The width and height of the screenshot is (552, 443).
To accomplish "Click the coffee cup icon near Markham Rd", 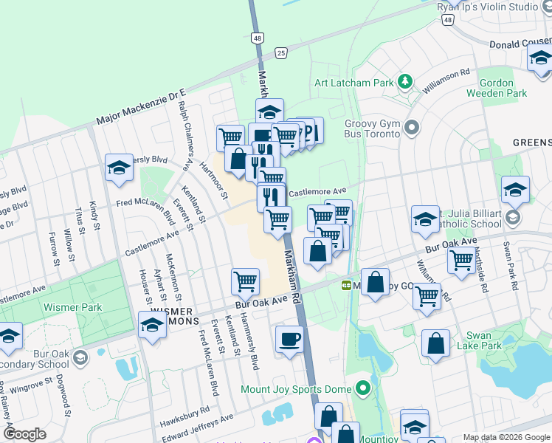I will pyautogui.click(x=289, y=340).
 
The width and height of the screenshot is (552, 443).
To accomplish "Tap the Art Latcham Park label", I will pyautogui.click(x=353, y=83).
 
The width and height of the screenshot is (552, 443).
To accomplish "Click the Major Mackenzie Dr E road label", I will pyautogui.click(x=141, y=108).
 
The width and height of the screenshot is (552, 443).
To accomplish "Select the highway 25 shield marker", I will pyautogui.click(x=280, y=52).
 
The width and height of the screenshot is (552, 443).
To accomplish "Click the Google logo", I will pyautogui.click(x=24, y=433).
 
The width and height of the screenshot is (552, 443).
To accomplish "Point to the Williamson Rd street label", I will pyautogui.click(x=444, y=81).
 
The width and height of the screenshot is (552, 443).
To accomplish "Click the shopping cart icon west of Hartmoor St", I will pyautogui.click(x=230, y=137).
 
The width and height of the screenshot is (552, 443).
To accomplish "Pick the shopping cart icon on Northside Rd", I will pyautogui.click(x=461, y=260).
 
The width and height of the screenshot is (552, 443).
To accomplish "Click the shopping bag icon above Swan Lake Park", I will pyautogui.click(x=435, y=343).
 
